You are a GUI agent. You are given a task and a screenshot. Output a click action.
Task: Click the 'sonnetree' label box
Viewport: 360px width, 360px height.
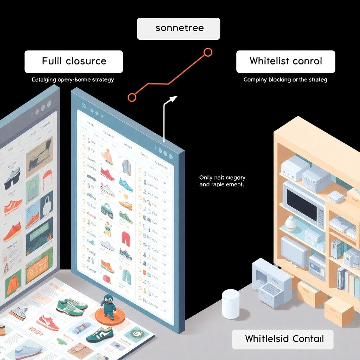pyautogui.click(x=178, y=28)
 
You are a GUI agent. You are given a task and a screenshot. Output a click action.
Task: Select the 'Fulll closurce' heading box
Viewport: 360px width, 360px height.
pyautogui.click(x=74, y=61)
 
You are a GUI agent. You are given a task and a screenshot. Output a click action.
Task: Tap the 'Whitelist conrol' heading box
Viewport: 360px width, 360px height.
pyautogui.click(x=285, y=61)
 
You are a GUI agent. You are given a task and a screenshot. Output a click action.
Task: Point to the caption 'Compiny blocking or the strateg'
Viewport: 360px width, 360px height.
pyautogui.click(x=285, y=80)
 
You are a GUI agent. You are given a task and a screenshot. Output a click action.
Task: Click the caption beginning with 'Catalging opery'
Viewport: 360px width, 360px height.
pyautogui.click(x=73, y=80)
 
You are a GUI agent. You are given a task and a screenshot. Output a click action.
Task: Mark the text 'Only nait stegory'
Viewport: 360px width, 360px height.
pyautogui.click(x=222, y=178)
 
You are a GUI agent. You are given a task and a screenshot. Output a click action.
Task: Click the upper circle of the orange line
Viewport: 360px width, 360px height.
pyautogui.click(x=208, y=53)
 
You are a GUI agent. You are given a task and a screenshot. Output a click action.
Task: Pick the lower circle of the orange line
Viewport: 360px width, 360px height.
pyautogui.click(x=132, y=97)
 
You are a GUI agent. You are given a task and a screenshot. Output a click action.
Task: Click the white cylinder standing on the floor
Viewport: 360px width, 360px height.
pyautogui.click(x=231, y=303)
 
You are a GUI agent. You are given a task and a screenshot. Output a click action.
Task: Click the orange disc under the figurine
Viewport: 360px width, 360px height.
pyautogui.click(x=110, y=315)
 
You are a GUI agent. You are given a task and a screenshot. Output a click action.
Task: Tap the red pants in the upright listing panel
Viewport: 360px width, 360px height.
pyautogui.click(x=126, y=238)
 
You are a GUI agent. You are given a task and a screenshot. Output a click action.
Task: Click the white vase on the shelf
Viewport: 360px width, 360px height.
pyautogui.click(x=290, y=224)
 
